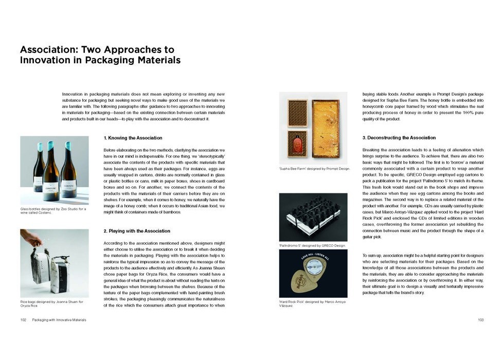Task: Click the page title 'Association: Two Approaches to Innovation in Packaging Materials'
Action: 100,55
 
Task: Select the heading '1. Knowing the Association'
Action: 133,138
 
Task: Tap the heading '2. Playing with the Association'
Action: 136,231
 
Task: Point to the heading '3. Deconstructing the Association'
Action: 399,138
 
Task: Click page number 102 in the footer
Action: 23,320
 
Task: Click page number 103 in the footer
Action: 480,320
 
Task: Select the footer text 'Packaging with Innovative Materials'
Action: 59,320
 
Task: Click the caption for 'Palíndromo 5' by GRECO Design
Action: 312,246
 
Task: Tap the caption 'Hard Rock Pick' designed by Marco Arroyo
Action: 312,303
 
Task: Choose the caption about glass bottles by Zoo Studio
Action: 53,211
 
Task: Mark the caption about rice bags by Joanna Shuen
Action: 51,303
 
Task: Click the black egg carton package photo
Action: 313,217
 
